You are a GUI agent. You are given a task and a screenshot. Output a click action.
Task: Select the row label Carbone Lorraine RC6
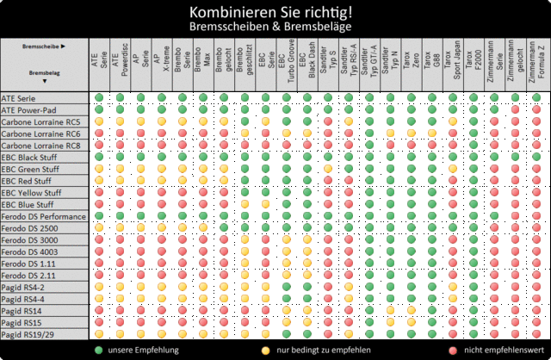pyautogui.click(x=42, y=133)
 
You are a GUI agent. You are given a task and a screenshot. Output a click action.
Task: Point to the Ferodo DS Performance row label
pyautogui.click(x=43, y=216)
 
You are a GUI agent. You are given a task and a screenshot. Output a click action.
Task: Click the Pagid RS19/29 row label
pyautogui.click(x=28, y=333)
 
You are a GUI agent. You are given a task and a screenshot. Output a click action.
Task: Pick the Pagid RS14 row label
pyautogui.click(x=22, y=310)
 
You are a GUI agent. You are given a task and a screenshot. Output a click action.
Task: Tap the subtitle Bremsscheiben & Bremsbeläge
pyautogui.click(x=275, y=28)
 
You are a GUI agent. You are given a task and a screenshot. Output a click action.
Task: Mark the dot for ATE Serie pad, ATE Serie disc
pyautogui.click(x=99, y=97)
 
